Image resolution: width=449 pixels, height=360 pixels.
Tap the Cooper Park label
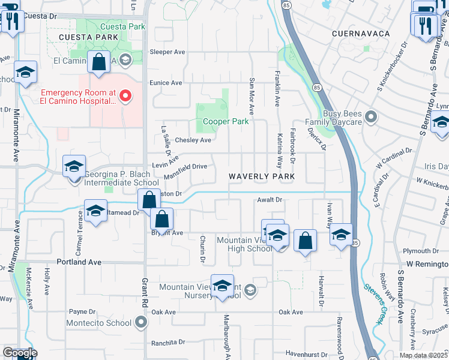tap(225, 121)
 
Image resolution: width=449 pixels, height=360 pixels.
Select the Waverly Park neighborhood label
tap(262, 176)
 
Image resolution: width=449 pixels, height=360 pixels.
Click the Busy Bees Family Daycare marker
tap(370, 117)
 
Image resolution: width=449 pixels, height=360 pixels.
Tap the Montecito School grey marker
tap(141, 323)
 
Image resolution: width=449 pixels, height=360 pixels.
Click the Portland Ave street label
tap(79, 262)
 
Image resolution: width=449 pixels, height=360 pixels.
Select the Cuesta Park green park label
tap(123, 26)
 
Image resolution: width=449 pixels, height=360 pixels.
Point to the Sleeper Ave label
tap(167, 52)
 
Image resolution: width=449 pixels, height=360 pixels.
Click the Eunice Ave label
tap(166, 83)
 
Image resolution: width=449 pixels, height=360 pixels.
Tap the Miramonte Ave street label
tap(16, 138)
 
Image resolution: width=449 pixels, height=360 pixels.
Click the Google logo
tap(19, 352)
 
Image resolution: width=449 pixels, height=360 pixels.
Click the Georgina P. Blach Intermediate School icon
tap(74, 166)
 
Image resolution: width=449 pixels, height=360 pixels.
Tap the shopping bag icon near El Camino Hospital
tap(98, 62)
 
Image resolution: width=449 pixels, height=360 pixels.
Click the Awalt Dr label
tap(270, 200)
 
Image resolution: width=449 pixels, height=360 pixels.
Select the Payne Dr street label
tap(82, 312)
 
